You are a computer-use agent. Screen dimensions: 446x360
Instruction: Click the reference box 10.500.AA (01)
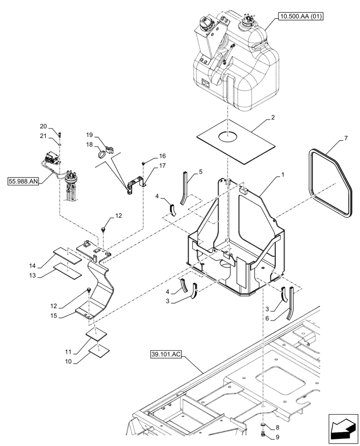301,17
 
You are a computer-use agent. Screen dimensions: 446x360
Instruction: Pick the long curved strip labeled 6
290,303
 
